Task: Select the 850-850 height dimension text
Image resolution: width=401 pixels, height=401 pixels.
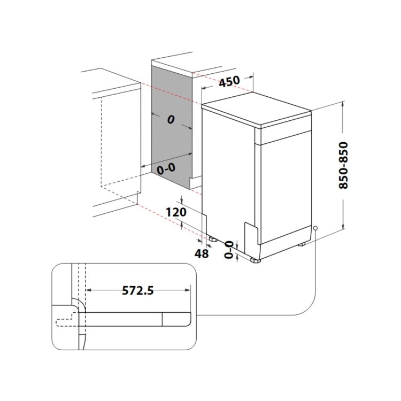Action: (343, 165)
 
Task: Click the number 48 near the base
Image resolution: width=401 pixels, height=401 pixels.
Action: (202, 253)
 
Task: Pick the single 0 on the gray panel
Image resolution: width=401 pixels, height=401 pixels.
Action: (170, 120)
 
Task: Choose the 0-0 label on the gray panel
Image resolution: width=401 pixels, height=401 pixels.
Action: (166, 169)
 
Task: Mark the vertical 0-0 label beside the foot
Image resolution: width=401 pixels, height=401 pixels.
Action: (229, 250)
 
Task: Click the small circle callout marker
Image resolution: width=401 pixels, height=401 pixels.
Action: (316, 228)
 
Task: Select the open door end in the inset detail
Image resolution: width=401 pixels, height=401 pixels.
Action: (176, 319)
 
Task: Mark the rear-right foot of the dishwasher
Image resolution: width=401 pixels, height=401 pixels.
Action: (302, 244)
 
